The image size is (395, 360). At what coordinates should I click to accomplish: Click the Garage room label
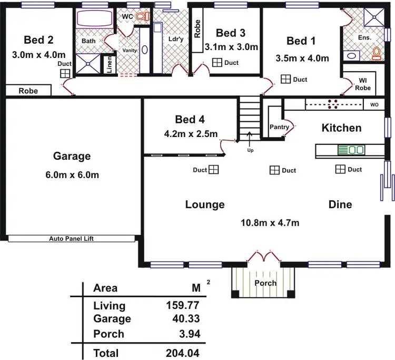72,156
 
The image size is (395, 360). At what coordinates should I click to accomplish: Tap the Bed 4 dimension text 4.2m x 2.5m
191,134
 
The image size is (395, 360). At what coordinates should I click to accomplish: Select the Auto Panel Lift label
71,238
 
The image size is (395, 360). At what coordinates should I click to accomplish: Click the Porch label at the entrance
265,283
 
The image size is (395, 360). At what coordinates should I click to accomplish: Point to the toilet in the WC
141,17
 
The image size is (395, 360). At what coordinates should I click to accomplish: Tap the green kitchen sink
351,150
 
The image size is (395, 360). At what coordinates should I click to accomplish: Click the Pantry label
279,127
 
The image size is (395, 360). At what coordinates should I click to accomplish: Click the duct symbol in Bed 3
216,63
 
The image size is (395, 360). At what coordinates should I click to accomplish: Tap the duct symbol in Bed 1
285,79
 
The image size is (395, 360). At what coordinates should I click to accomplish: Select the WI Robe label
362,84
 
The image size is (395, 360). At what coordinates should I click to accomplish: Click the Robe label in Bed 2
28,91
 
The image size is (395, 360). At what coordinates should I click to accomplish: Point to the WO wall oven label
374,105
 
